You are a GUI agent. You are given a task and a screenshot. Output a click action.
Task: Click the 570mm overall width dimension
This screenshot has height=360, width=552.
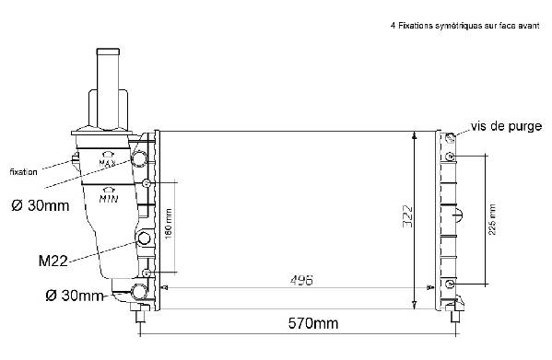pyautogui.click(x=313, y=323)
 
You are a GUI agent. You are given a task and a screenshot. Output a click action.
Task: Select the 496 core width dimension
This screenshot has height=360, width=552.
pyautogui.click(x=301, y=280)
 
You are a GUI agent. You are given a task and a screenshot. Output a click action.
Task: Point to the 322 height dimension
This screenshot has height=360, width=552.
pyautogui.click(x=407, y=216)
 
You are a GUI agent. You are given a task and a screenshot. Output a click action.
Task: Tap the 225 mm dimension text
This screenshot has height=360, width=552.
pyautogui.click(x=492, y=219)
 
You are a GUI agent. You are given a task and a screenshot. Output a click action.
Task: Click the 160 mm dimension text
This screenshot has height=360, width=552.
pyautogui.click(x=169, y=224)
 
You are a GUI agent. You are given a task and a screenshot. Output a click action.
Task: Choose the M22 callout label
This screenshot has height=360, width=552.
pyautogui.click(x=53, y=261)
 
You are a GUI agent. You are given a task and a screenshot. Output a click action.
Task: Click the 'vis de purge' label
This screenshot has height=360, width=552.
pyautogui.click(x=506, y=126)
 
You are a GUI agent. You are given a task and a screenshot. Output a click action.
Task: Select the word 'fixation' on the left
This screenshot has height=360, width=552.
pyautogui.click(x=24, y=172)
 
